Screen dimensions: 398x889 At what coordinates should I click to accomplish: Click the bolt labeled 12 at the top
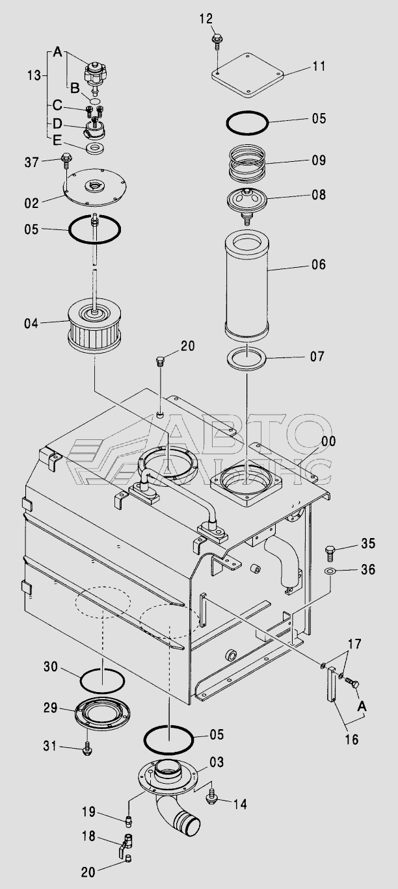(x=218, y=41)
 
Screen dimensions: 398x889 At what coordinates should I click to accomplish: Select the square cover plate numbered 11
(x=246, y=75)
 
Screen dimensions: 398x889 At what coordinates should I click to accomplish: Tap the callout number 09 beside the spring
(x=319, y=160)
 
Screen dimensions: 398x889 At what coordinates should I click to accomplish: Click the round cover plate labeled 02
(x=95, y=187)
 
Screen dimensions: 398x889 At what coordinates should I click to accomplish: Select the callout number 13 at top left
(x=34, y=75)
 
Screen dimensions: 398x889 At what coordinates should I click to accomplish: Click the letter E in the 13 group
(x=57, y=140)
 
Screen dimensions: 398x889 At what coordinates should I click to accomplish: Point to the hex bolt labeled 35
(x=330, y=553)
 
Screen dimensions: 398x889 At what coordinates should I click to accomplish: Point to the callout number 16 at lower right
(x=352, y=739)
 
